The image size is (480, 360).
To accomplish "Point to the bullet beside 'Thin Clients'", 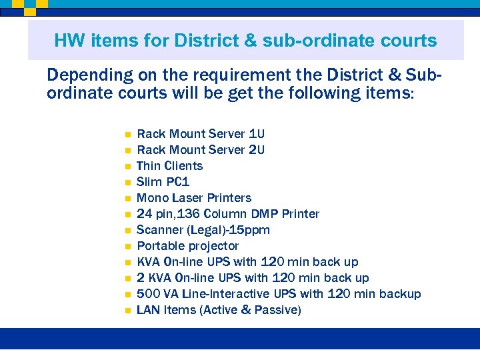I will (x=126, y=167).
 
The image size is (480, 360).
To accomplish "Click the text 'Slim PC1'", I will (x=163, y=182).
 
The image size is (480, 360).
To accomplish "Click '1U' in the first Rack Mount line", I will (x=257, y=134).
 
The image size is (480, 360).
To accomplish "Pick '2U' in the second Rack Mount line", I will (x=257, y=150).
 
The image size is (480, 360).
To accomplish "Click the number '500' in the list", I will (x=148, y=294).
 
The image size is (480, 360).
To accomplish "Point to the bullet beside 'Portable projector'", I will (x=126, y=247).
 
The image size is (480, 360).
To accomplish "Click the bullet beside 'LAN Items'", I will (x=126, y=311).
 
